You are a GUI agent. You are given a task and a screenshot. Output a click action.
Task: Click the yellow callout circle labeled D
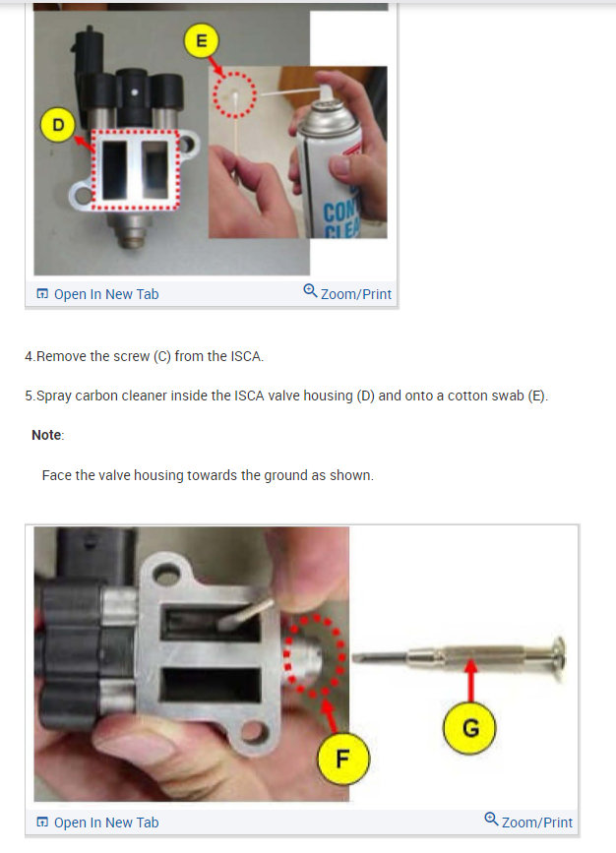58,125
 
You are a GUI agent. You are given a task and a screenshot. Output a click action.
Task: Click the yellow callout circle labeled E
202,40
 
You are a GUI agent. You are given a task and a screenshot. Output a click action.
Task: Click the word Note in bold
46,434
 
